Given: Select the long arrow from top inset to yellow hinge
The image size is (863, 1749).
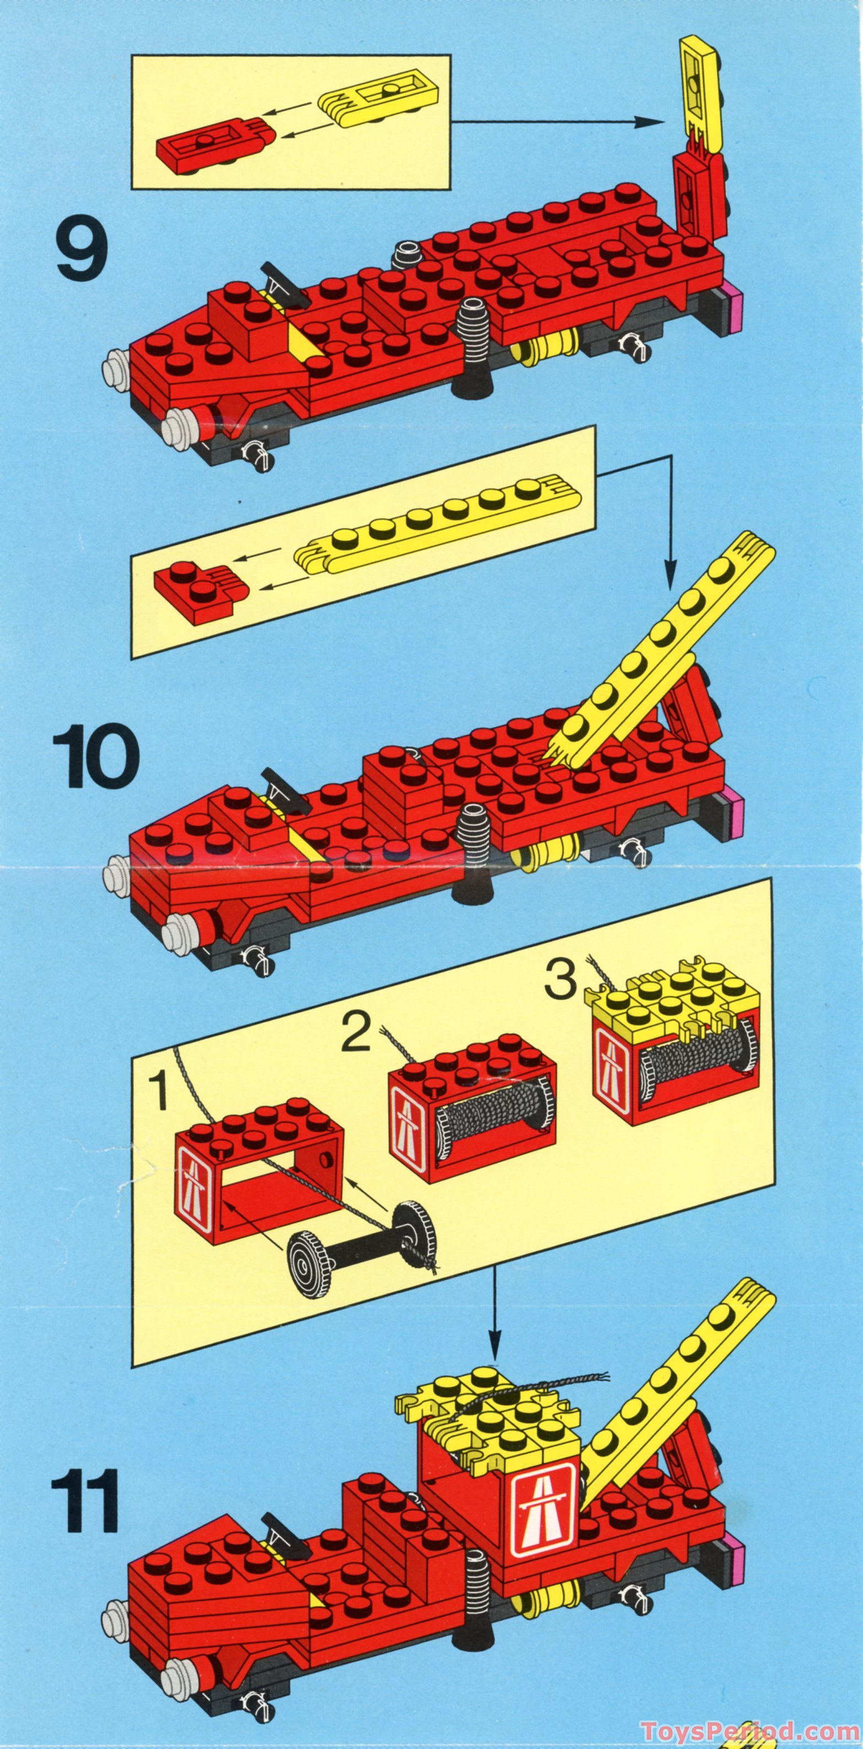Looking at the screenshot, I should [x=557, y=122].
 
